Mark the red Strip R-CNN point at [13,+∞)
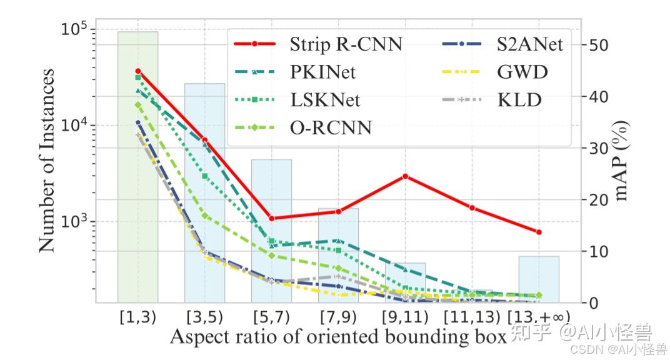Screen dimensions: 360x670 tap(539, 232)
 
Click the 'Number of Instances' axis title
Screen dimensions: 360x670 tap(47, 160)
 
